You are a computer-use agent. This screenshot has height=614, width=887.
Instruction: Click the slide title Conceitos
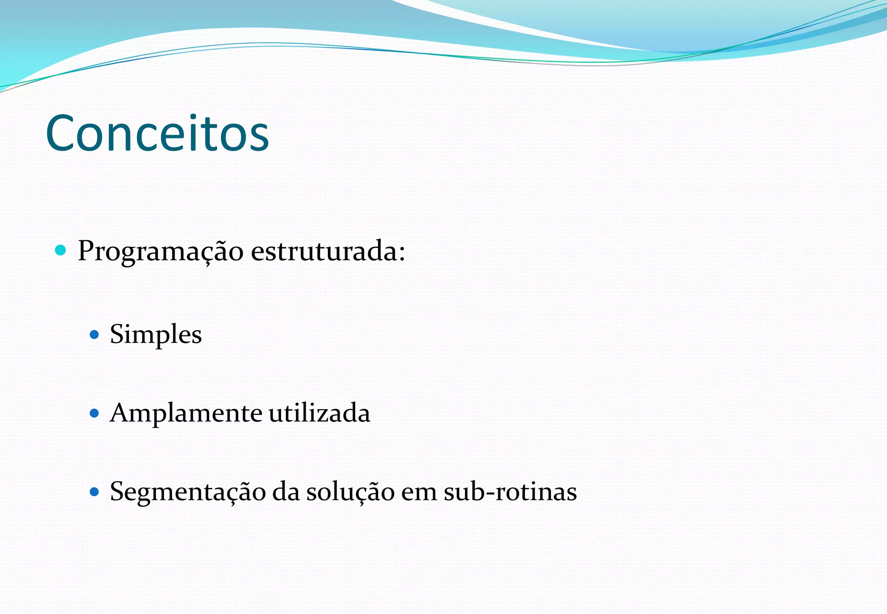coord(157,133)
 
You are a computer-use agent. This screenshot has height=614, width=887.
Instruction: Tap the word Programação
coord(160,251)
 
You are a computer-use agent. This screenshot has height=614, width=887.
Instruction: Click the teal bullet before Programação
coord(61,250)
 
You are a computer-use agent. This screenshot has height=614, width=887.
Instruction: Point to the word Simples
coord(156,335)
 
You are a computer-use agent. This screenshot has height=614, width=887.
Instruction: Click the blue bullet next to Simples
coord(94,335)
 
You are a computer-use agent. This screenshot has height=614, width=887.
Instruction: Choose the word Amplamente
coord(186,413)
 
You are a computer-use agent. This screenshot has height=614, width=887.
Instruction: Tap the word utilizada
coord(320,413)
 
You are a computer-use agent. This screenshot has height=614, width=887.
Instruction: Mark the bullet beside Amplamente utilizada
coord(94,413)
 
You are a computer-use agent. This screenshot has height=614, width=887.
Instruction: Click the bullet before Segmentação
coord(94,492)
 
